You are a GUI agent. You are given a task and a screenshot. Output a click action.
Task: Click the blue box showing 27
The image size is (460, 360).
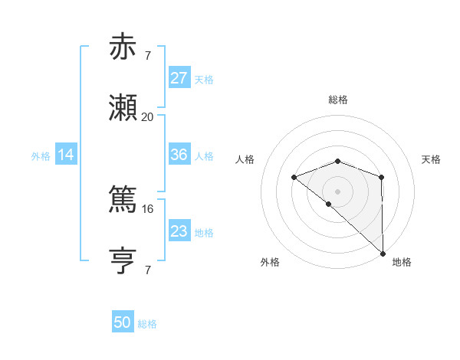(x=179, y=78)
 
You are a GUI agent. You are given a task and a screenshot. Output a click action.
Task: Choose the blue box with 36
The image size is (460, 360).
(x=179, y=155)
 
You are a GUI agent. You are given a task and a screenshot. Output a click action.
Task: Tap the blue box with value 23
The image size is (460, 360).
(x=179, y=231)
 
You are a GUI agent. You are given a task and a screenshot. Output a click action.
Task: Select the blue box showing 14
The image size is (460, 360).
(x=66, y=155)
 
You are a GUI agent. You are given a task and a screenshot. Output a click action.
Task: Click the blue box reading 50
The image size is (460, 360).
(x=123, y=322)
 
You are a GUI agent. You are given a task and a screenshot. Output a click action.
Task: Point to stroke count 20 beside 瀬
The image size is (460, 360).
(x=147, y=117)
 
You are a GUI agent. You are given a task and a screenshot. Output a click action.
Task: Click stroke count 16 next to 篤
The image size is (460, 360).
(x=147, y=208)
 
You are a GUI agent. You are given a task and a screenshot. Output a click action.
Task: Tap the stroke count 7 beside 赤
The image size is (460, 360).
(x=147, y=56)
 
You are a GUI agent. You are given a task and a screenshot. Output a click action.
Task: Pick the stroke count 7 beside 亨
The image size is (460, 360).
(x=147, y=270)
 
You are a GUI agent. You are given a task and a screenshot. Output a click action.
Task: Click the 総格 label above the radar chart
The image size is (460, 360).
(x=338, y=100)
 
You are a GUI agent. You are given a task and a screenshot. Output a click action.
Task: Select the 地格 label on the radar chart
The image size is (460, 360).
(x=402, y=262)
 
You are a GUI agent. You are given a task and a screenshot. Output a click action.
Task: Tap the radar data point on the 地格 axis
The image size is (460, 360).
(x=383, y=253)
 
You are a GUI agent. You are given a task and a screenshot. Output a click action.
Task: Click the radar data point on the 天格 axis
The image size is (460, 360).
(x=382, y=178)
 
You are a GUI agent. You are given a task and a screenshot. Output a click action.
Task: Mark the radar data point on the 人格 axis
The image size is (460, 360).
(x=294, y=178)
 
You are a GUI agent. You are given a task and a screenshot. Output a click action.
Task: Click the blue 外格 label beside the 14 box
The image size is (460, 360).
(x=41, y=155)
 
